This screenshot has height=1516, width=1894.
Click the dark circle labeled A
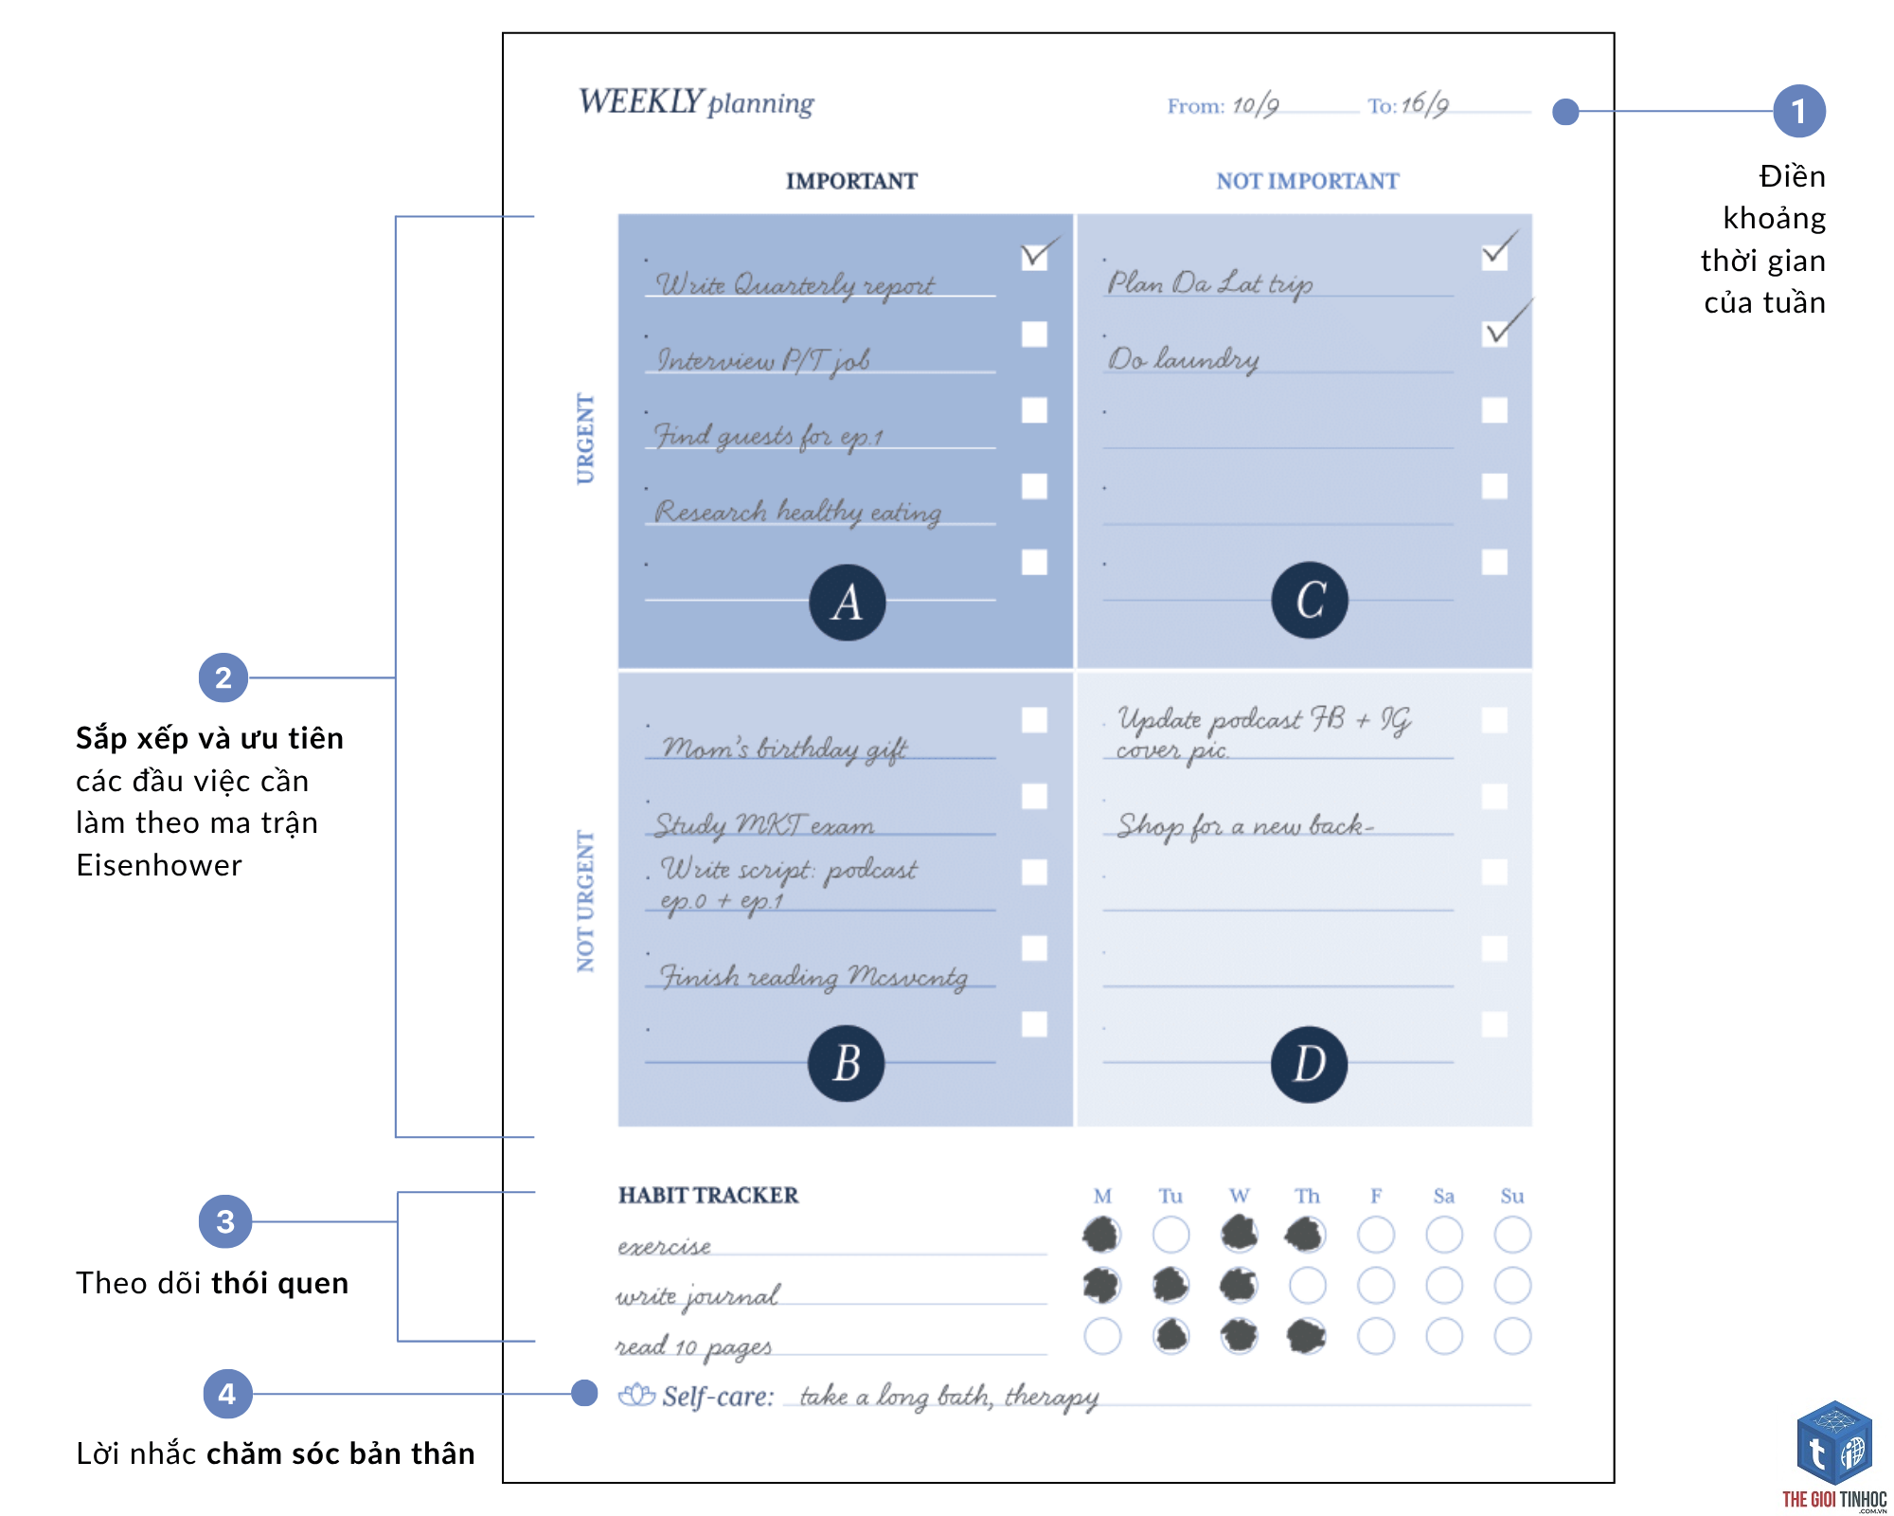848,603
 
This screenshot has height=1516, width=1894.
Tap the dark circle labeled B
847,1063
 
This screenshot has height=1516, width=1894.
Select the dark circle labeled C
1310,600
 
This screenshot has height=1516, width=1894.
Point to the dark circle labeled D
1310,1064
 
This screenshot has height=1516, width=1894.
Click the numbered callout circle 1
1799,111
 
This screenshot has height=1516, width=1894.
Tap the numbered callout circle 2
223,677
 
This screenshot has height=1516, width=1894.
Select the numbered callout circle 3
225,1221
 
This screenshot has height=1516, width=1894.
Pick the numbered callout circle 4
227,1394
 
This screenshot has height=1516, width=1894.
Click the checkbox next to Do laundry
1494,334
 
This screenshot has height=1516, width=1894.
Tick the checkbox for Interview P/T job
1034,334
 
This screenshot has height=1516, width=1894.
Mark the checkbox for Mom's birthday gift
1034,720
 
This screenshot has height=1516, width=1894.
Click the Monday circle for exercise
1102,1235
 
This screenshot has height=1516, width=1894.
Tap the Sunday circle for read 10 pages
1512,1336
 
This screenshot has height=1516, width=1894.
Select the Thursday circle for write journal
1308,1286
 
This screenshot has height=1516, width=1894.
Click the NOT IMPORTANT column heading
1307,181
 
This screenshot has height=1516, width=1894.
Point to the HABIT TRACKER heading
708,1196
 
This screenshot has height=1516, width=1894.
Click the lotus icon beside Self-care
636,1396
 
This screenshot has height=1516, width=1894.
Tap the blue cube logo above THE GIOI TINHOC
1834,1442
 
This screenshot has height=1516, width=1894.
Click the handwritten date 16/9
1425,104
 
